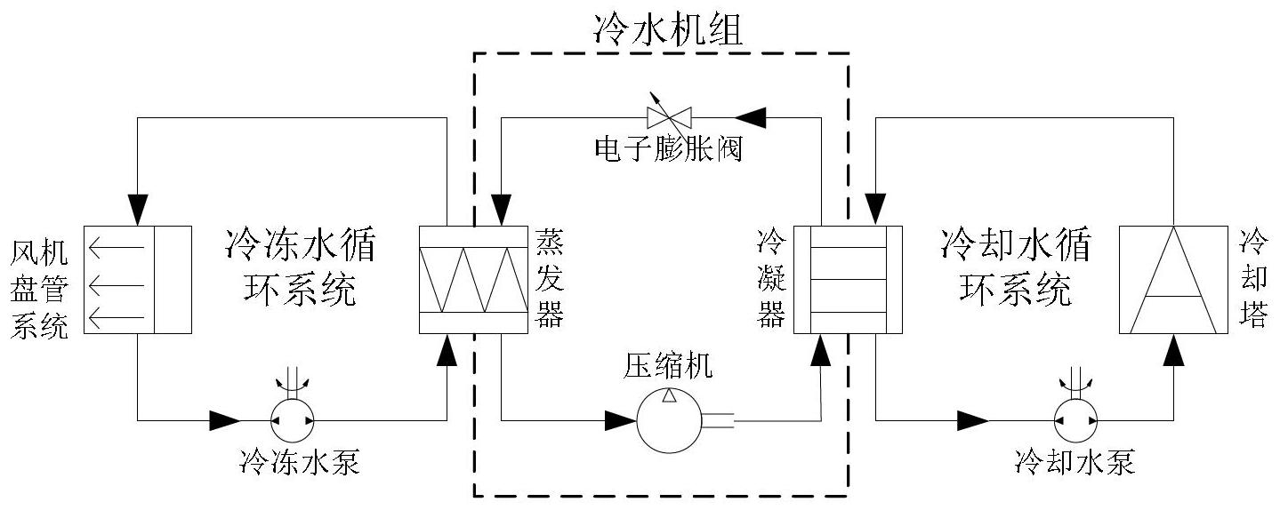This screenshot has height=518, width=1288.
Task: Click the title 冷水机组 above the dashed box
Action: [668, 29]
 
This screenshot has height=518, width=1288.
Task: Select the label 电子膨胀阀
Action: [669, 149]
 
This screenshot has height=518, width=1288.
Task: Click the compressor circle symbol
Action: [669, 420]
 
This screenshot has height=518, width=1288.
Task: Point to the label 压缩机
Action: [668, 366]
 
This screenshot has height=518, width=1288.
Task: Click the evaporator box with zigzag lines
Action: [473, 280]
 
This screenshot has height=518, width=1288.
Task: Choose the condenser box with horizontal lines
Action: [848, 280]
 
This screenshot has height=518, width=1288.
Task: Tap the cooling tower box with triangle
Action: [1173, 280]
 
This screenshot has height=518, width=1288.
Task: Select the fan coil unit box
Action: [138, 280]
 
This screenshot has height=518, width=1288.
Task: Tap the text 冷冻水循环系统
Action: [300, 267]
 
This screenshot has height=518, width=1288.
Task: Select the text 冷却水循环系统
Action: [1016, 267]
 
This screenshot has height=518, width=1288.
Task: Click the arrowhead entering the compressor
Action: [621, 420]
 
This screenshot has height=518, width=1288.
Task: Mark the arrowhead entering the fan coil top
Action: [138, 211]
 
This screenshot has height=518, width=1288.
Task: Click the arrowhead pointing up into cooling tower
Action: [1173, 350]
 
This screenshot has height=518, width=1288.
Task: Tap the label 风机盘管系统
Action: [39, 290]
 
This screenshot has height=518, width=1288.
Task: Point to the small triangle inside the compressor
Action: [669, 395]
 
